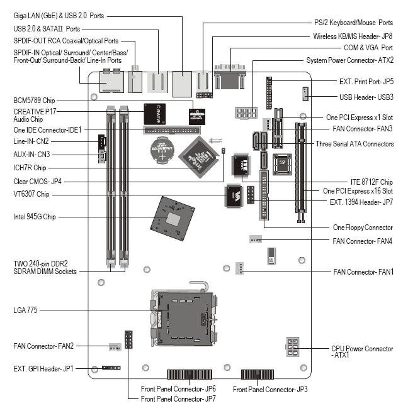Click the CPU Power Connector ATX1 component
pos(294,346)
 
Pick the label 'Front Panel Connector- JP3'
pos(270,390)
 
